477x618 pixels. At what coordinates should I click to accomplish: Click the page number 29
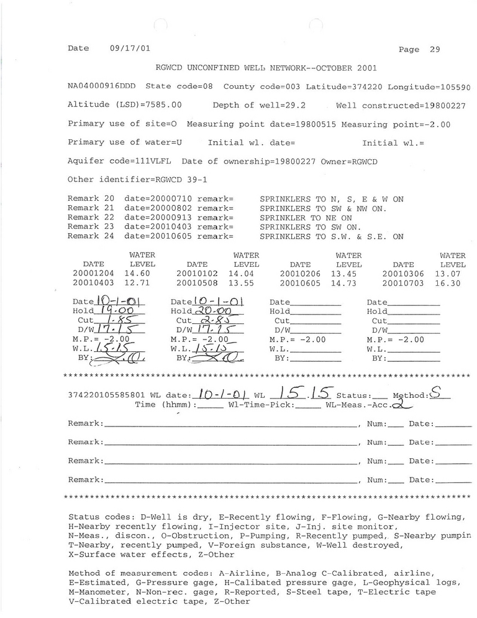(x=435, y=50)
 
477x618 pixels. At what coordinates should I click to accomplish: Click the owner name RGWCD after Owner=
(x=365, y=161)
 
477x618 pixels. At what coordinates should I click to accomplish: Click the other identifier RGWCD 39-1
(x=158, y=180)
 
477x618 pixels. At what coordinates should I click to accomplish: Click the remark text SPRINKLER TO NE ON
(x=306, y=218)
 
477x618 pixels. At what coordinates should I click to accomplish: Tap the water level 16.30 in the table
(x=452, y=283)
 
